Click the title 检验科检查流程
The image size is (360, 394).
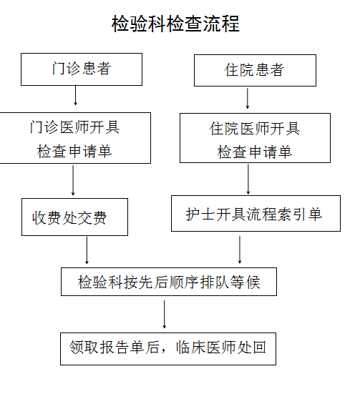point(175,24)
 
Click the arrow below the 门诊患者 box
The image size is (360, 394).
point(75,95)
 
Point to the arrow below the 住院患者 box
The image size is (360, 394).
point(248,98)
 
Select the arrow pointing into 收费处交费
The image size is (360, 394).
point(73,180)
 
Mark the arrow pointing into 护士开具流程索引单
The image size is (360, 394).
point(248,179)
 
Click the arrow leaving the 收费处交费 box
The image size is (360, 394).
point(87,250)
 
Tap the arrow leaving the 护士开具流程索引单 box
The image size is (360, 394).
point(240,250)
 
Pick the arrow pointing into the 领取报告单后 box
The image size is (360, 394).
point(165,315)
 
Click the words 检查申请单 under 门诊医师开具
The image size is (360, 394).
point(74,152)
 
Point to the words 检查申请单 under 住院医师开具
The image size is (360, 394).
point(255,152)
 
